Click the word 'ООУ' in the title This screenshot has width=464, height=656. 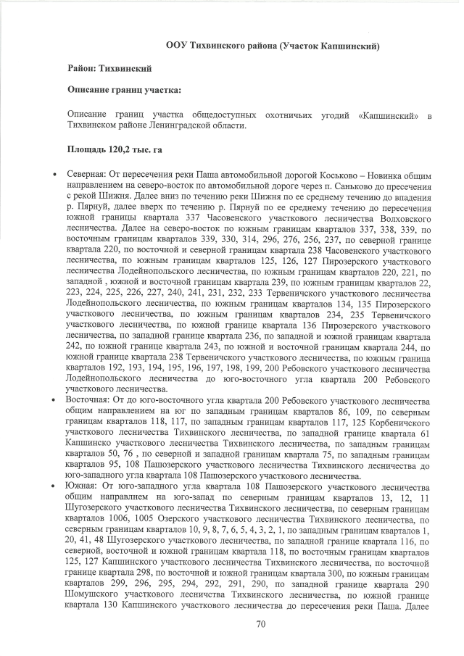point(176,45)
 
